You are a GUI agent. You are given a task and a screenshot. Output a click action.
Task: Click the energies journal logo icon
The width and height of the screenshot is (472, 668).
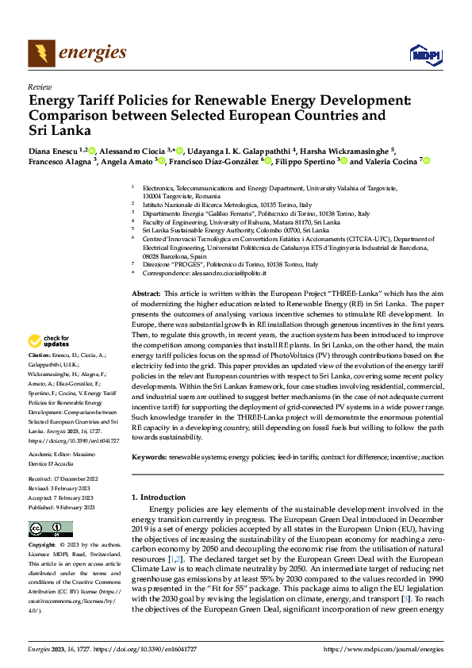40,53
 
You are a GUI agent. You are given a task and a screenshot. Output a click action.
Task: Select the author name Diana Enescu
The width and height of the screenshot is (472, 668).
52,150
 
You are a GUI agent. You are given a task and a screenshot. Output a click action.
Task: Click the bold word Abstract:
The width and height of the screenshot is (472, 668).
146,293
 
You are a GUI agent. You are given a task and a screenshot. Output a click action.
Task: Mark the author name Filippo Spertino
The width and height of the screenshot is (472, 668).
305,161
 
